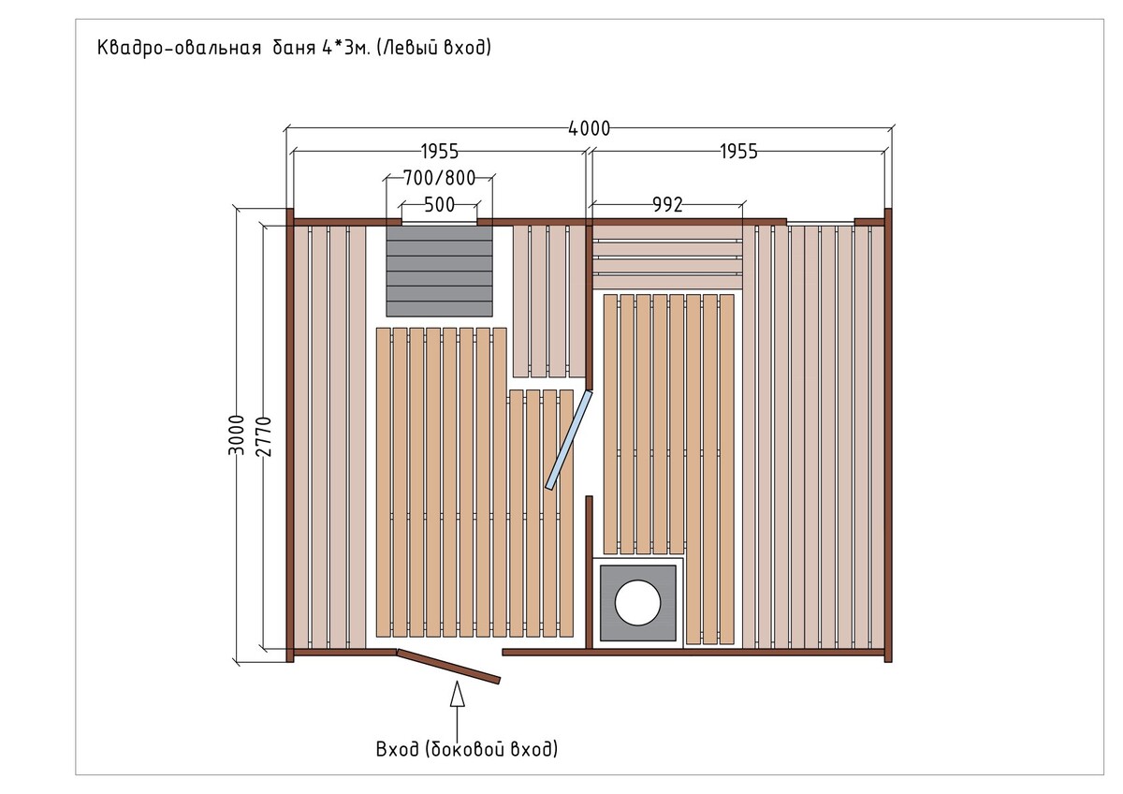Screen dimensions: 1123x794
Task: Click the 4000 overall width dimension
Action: [x=589, y=129]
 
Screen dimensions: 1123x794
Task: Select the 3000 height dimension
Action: [x=236, y=434]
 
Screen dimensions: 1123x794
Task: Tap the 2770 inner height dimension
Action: [x=263, y=436]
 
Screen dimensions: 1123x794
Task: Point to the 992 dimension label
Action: [x=667, y=205]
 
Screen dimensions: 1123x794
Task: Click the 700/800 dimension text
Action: [x=439, y=178]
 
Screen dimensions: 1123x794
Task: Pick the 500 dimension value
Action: [x=439, y=205]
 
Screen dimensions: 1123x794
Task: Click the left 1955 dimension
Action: [x=440, y=152]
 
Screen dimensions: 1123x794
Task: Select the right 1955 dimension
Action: [x=738, y=152]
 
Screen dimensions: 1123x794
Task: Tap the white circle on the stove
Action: [x=637, y=602]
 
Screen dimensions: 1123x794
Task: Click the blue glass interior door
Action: [x=569, y=440]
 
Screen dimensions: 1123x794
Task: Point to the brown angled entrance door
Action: [x=448, y=666]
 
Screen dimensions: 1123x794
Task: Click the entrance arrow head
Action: [x=457, y=693]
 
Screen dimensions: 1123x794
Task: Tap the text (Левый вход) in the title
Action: [x=433, y=48]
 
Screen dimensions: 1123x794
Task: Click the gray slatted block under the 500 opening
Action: [x=439, y=272]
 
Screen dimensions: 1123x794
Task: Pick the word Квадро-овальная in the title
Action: [x=179, y=49]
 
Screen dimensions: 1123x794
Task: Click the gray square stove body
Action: [x=637, y=603]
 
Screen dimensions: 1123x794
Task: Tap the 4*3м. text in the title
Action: [x=345, y=48]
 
